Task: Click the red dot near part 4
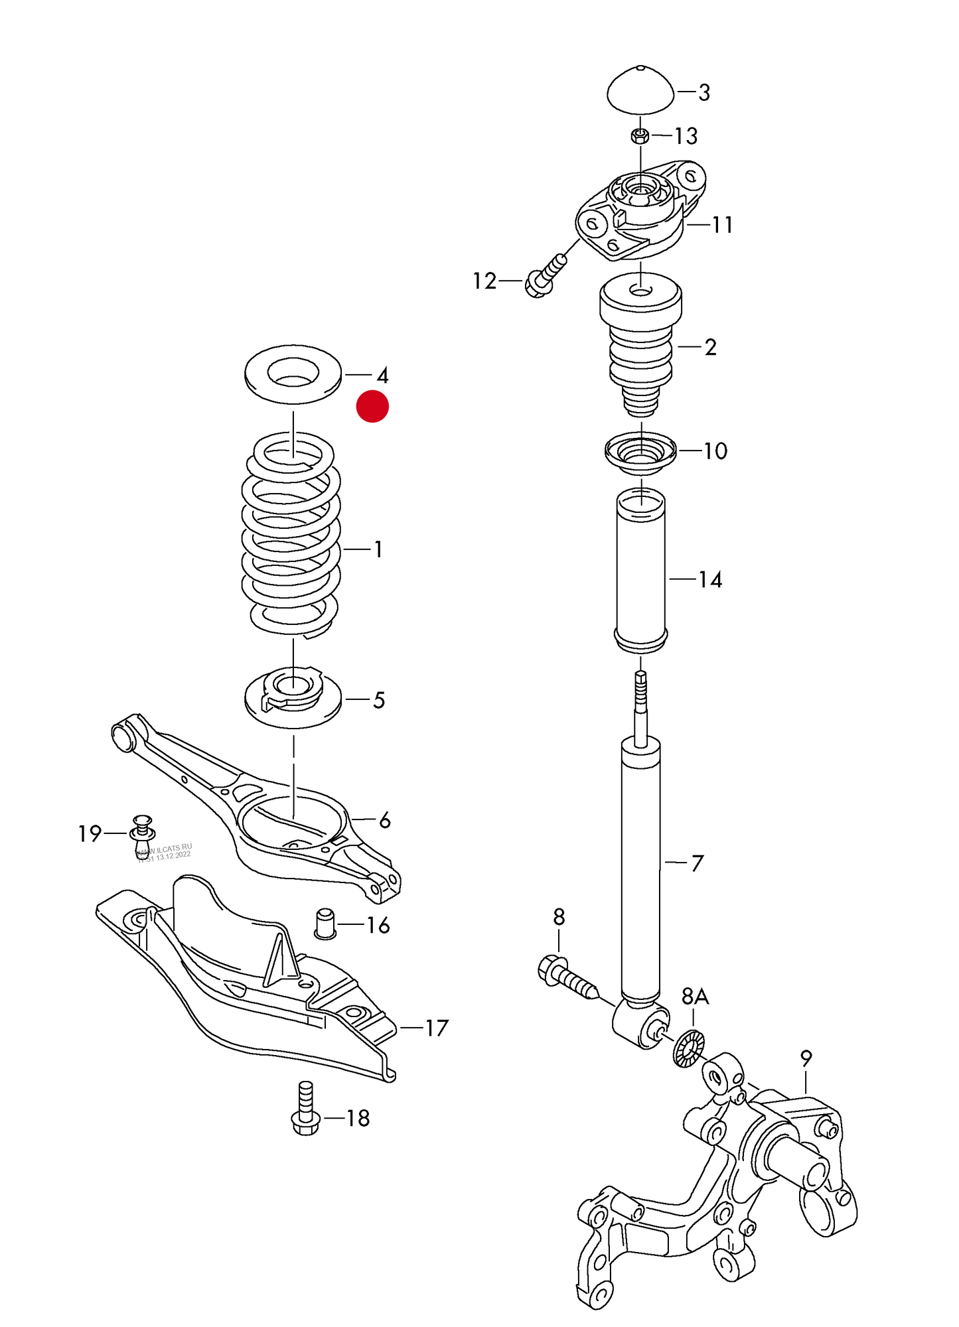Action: [372, 406]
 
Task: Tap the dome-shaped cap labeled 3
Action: [640, 92]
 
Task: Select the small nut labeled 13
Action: [640, 137]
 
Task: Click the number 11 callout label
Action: [722, 225]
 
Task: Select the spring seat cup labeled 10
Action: [640, 454]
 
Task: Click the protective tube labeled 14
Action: [641, 571]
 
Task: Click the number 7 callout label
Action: [697, 863]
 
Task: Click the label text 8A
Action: [695, 996]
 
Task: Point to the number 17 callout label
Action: [436, 1028]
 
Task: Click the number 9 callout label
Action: [806, 1058]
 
